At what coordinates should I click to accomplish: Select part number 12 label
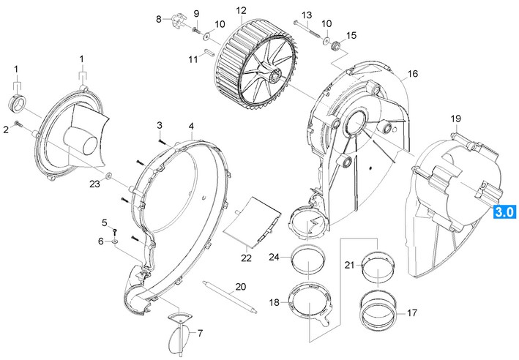click(x=241, y=11)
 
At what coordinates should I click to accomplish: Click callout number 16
click(x=412, y=74)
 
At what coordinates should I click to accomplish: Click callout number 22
click(x=246, y=258)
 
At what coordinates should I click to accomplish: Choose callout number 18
click(x=274, y=302)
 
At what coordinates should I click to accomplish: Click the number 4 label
click(x=191, y=126)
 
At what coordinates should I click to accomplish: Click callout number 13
click(x=306, y=15)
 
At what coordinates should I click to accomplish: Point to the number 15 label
click(x=351, y=35)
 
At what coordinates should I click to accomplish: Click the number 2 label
click(x=6, y=129)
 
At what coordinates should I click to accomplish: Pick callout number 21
click(x=349, y=264)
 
